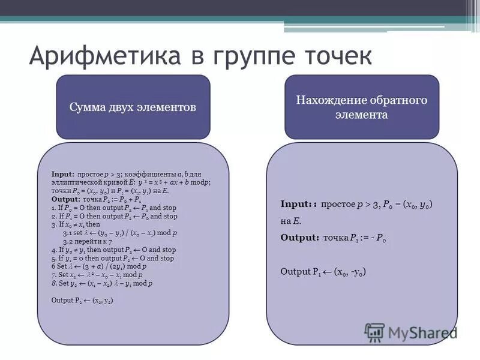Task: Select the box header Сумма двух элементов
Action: tap(133, 107)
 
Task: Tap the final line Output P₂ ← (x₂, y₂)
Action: tap(82, 300)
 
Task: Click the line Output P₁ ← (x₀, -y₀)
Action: tap(323, 271)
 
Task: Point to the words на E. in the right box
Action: tap(290, 221)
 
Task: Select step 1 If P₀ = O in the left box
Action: tap(114, 207)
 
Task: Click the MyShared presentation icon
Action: tap(374, 332)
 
